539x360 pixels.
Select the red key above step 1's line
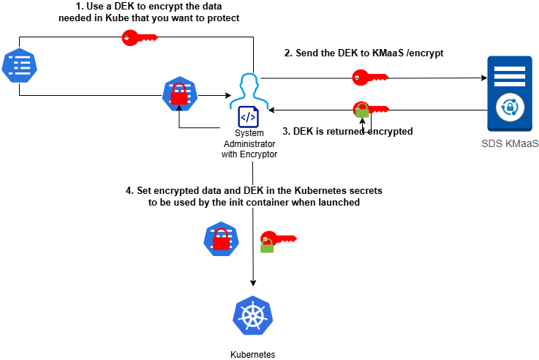tap(139, 38)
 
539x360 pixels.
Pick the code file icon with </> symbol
tap(248, 117)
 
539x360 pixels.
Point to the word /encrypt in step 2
tap(424, 53)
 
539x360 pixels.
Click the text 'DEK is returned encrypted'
tap(353, 132)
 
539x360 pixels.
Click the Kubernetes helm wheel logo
tap(252, 315)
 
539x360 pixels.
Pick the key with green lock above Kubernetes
tap(276, 239)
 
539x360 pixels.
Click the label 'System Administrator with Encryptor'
tap(249, 144)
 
